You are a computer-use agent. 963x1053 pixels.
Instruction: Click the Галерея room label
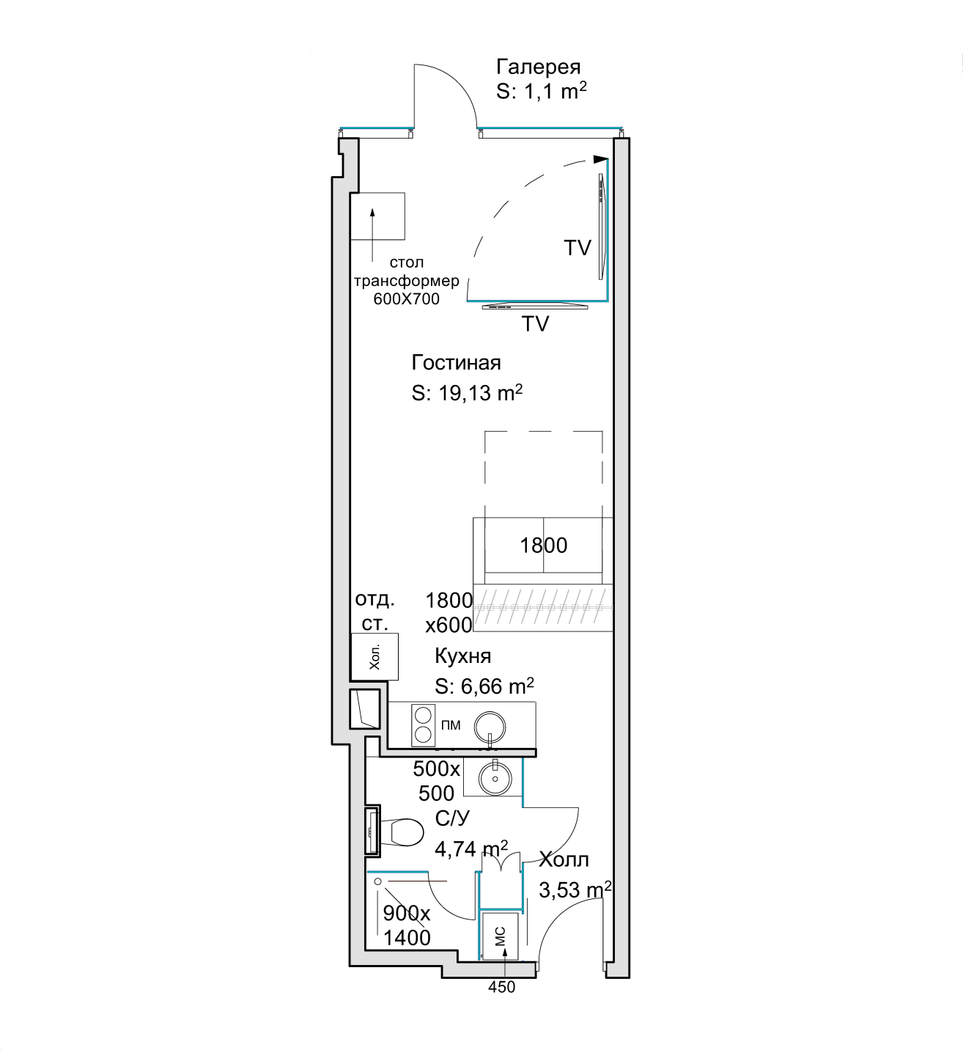click(538, 67)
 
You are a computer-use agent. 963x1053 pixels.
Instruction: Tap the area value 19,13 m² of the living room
click(480, 393)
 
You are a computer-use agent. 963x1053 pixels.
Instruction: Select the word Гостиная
click(456, 362)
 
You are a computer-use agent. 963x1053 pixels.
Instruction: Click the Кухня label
click(462, 656)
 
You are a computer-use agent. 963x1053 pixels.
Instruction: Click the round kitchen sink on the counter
click(490, 727)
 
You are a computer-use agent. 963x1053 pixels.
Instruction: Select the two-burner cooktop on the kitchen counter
click(423, 724)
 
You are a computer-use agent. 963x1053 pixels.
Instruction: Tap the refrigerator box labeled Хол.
click(374, 657)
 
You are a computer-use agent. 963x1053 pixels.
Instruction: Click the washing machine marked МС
click(501, 936)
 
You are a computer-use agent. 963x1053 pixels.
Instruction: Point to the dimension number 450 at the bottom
click(501, 987)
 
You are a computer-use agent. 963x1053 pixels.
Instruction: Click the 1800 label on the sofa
click(543, 545)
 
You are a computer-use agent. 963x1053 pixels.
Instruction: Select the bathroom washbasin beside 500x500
click(495, 778)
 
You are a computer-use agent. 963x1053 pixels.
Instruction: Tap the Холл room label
click(564, 859)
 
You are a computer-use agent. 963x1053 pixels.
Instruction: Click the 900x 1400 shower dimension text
click(407, 925)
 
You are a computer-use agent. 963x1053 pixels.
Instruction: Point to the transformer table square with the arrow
click(377, 216)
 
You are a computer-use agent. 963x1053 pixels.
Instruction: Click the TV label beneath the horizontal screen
click(535, 323)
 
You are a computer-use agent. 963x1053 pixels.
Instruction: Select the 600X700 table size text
click(406, 299)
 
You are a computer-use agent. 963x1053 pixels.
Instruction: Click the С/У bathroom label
click(452, 818)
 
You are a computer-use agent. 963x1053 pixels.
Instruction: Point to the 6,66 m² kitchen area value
click(497, 686)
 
